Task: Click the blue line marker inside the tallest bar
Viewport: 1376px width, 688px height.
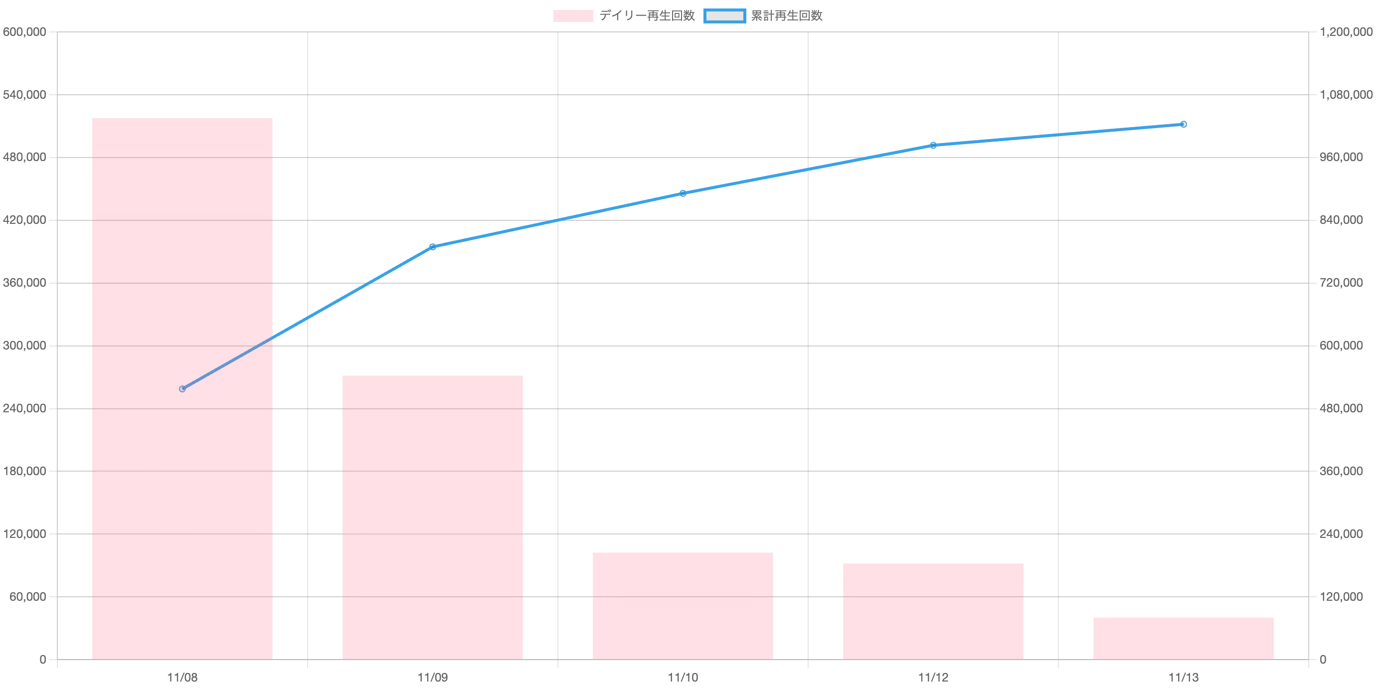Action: (182, 389)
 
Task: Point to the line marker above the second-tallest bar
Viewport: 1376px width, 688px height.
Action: (433, 247)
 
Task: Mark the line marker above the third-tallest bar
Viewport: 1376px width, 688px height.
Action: (683, 193)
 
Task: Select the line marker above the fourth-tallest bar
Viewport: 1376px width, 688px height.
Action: (933, 145)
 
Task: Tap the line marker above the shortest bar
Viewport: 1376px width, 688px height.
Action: (1184, 125)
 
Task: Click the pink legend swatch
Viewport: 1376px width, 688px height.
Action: (572, 16)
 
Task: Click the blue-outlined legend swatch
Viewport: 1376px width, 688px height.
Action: (724, 16)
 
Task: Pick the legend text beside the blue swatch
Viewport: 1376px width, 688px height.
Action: (787, 16)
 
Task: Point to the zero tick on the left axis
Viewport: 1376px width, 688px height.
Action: (43, 660)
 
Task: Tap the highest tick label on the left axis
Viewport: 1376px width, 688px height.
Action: (24, 32)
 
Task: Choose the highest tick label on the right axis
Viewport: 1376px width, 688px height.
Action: (1346, 32)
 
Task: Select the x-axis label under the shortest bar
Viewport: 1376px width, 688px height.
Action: (1184, 676)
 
